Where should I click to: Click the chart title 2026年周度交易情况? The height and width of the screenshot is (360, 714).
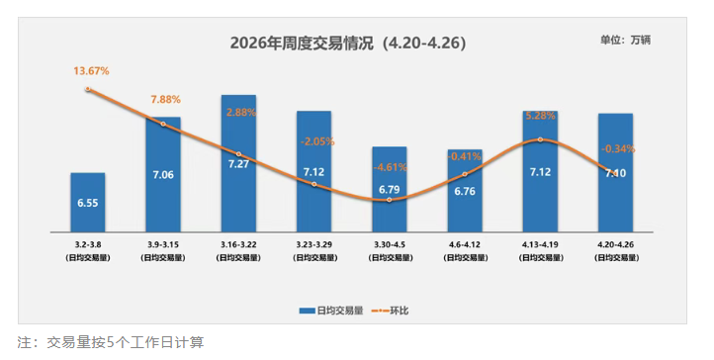(x=347, y=45)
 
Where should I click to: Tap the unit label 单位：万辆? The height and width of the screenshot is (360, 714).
(x=625, y=41)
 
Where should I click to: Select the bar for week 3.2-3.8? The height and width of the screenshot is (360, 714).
(x=87, y=203)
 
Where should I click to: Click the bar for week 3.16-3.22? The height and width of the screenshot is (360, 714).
(x=238, y=163)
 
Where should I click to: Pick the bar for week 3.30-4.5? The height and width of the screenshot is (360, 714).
(x=389, y=189)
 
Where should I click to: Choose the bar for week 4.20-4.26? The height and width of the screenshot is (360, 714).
(x=615, y=173)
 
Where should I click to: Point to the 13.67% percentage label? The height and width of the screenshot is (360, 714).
(x=91, y=71)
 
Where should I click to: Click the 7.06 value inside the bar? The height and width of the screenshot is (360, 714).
(x=162, y=175)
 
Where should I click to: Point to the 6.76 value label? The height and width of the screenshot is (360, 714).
(x=465, y=191)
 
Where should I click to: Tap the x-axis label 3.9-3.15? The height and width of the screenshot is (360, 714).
(x=162, y=242)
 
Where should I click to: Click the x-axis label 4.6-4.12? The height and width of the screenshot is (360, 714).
(x=464, y=242)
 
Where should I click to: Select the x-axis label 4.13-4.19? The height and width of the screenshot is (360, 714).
(x=540, y=242)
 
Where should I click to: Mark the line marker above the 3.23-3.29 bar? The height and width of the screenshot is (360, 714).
(x=313, y=184)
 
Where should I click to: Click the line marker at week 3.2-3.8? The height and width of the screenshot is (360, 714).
(x=88, y=89)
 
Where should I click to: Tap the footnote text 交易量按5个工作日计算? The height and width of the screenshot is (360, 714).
(x=126, y=342)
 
